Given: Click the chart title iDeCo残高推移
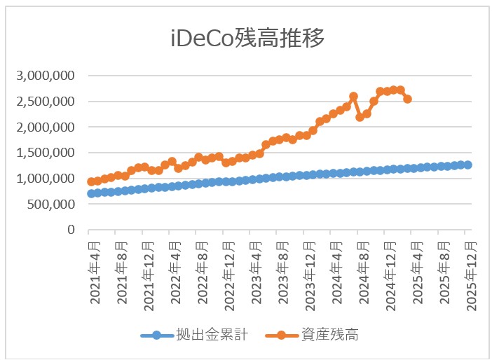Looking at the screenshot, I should [247, 39].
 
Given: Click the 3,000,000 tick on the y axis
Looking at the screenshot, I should [47, 76].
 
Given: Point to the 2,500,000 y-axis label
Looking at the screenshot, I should [47, 102].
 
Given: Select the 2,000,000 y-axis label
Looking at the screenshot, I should [47, 127].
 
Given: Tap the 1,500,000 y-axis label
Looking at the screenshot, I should [47, 153].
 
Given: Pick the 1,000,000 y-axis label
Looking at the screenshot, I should [47, 179].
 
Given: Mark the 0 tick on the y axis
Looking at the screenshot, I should [71, 230].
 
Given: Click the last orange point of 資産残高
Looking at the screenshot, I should [407, 99].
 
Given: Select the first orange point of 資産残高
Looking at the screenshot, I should [91, 181].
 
